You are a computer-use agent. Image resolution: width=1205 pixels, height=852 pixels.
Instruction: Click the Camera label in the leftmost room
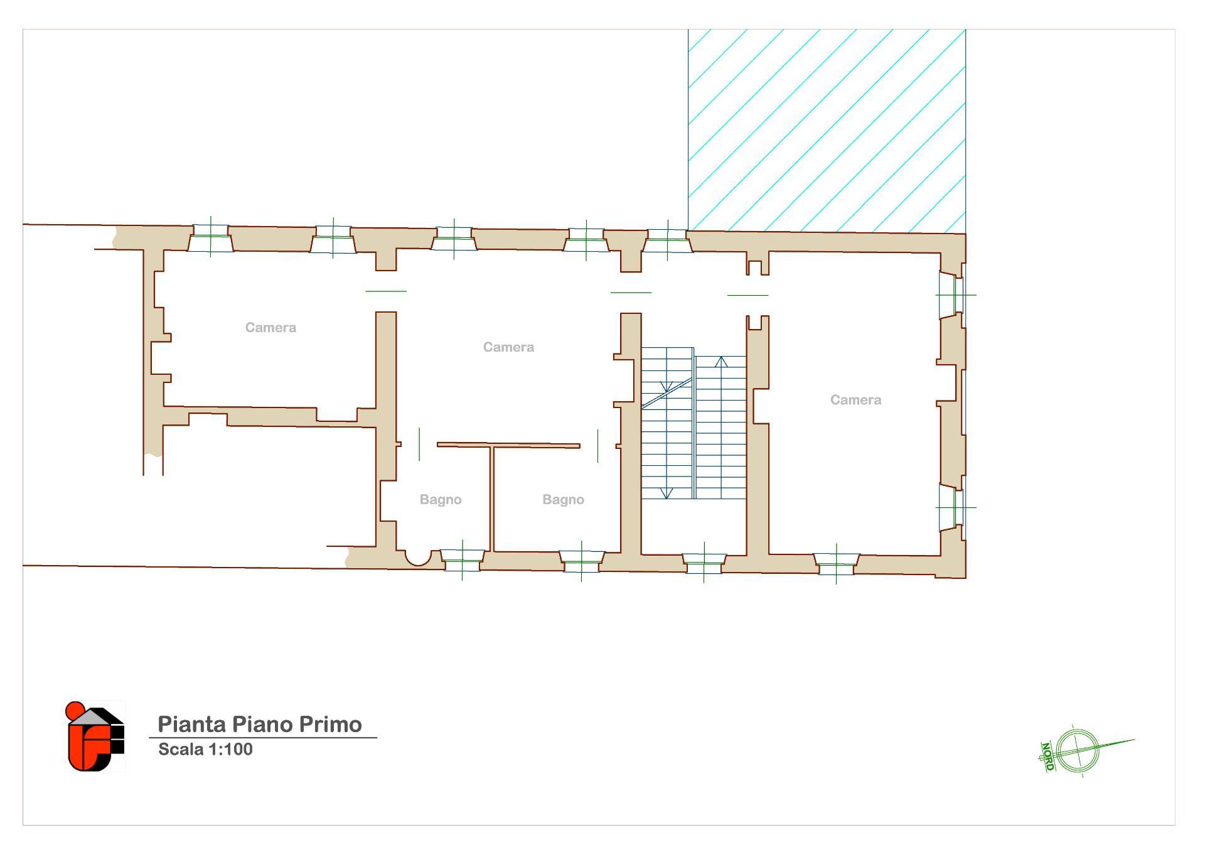coord(270,328)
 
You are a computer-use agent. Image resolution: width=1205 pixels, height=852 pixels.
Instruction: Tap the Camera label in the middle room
coord(508,347)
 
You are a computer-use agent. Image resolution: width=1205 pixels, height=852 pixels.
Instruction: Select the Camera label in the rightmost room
coord(855,400)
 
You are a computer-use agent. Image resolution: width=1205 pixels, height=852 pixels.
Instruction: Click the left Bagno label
coord(441,500)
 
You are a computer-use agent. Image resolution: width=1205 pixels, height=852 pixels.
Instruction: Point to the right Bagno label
coord(563,500)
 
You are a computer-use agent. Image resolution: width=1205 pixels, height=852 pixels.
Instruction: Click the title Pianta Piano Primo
coord(260,725)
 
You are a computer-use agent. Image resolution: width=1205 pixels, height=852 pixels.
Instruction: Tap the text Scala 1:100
coord(205,749)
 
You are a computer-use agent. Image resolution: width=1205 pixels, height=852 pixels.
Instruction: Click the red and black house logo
coord(95,736)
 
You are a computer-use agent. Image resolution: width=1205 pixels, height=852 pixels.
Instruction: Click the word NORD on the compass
coord(1047,757)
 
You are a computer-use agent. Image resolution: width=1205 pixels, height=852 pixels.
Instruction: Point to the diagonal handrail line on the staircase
coord(667,394)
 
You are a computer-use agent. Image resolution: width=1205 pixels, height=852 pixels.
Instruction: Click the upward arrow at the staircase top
coord(721,362)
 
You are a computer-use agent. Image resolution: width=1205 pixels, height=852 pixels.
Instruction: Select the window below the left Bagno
coord(462,560)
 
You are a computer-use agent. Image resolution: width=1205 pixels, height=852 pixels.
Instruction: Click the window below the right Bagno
coord(581,561)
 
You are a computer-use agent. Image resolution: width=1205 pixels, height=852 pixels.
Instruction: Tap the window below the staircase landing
coord(704,563)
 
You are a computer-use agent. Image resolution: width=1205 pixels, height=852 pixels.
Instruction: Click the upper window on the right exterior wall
coord(951,294)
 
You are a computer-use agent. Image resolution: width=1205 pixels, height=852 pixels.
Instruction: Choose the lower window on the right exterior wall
coord(951,507)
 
